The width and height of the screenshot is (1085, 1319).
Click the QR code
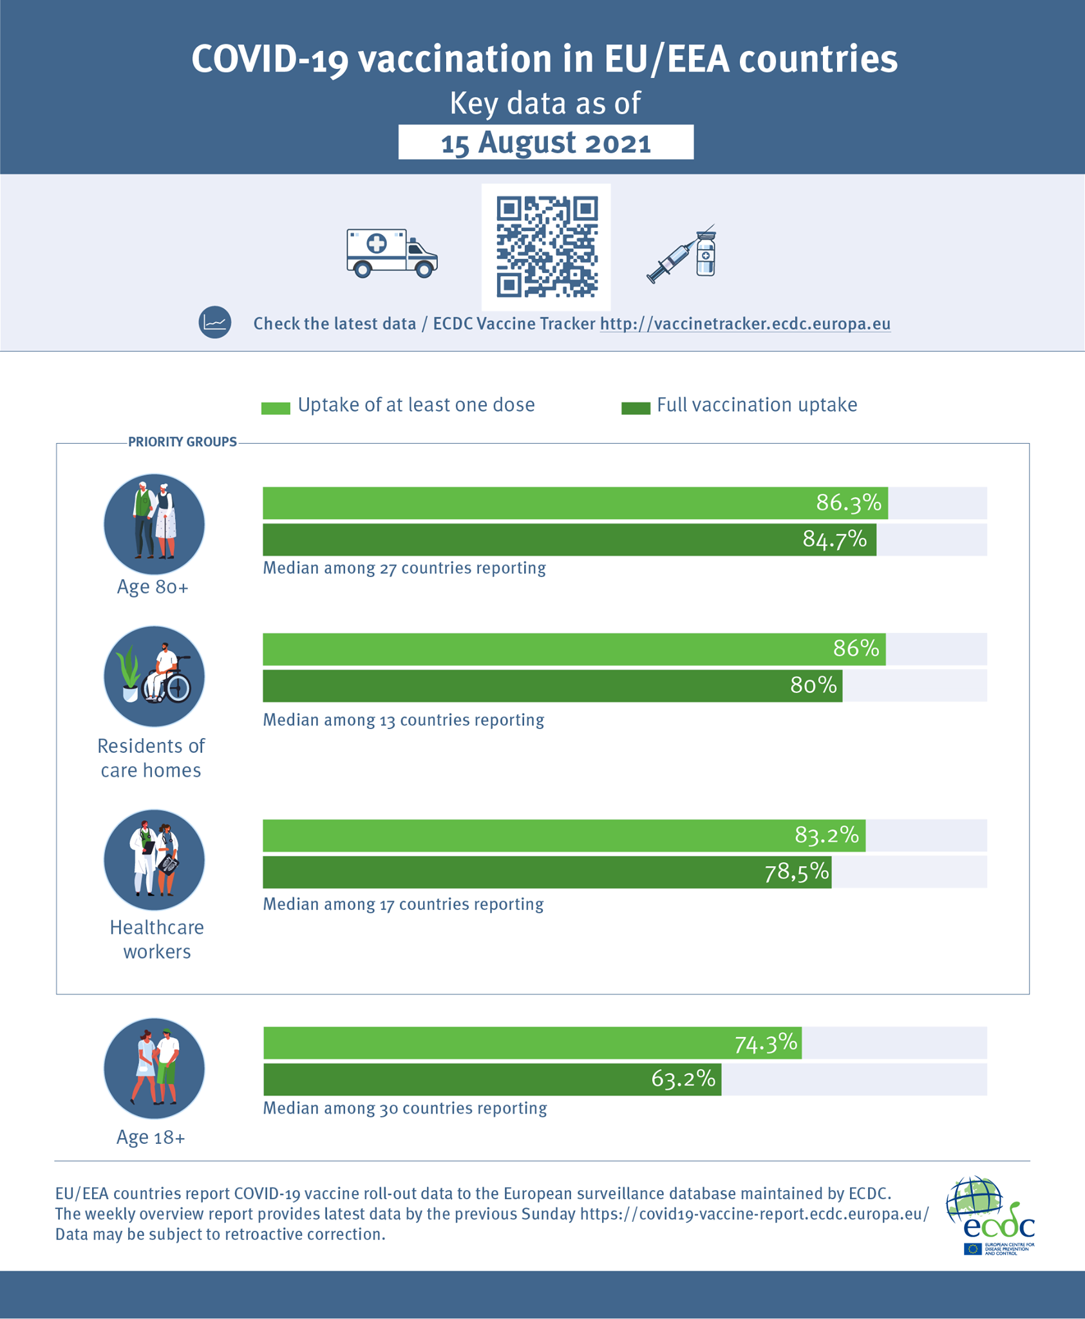(x=546, y=247)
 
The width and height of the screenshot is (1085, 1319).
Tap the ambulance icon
(x=392, y=252)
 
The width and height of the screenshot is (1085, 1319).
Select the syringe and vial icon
(x=681, y=254)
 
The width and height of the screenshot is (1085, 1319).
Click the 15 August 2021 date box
(x=545, y=142)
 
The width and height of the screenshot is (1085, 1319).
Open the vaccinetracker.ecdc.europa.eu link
(x=745, y=323)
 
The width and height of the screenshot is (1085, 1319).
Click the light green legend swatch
(x=276, y=408)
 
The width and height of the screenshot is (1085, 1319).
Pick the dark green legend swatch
(x=636, y=408)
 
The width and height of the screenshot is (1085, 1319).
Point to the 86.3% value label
(x=848, y=502)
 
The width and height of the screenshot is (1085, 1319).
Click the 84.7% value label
(x=835, y=539)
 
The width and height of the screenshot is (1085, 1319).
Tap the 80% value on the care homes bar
(x=813, y=685)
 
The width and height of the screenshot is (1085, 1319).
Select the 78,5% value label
(x=797, y=872)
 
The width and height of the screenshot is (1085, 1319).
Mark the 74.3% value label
(x=766, y=1043)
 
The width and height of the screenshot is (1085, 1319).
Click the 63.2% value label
(x=683, y=1078)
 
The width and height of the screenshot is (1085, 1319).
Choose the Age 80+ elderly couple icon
(x=154, y=524)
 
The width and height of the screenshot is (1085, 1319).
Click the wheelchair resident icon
(x=154, y=676)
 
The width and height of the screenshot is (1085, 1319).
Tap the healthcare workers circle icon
(x=154, y=860)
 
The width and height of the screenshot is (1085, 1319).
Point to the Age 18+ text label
(x=151, y=1137)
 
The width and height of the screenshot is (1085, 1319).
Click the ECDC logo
(x=990, y=1215)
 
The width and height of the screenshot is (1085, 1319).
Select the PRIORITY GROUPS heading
(x=182, y=442)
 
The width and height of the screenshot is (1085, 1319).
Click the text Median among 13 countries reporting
(x=404, y=719)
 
